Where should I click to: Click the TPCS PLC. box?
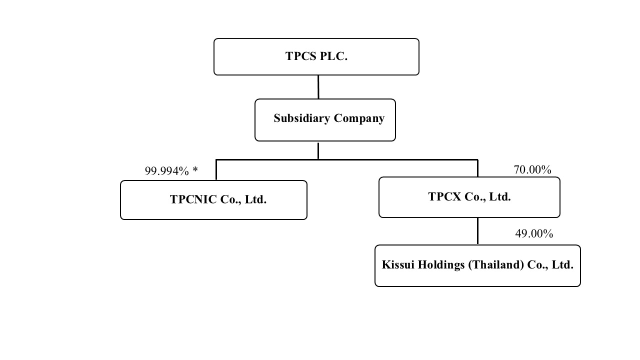[x=316, y=56]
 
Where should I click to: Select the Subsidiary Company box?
[x=325, y=120]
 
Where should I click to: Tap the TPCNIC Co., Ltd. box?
[x=213, y=200]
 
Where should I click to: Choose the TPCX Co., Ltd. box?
[x=469, y=197]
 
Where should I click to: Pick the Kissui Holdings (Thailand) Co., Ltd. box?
[x=477, y=265]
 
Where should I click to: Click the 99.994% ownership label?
[x=167, y=171]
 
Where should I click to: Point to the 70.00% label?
[x=532, y=170]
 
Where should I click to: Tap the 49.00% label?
[x=534, y=233]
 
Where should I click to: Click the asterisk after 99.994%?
[x=195, y=170]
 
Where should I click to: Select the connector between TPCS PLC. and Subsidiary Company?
[x=318, y=87]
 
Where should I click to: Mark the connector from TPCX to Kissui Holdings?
[x=477, y=231]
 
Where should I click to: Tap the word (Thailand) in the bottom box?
[x=496, y=265]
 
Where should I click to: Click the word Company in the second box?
[x=359, y=119]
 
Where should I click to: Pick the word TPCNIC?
[x=193, y=199]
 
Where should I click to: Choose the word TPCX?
[x=444, y=197]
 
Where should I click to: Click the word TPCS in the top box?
[x=301, y=56]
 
